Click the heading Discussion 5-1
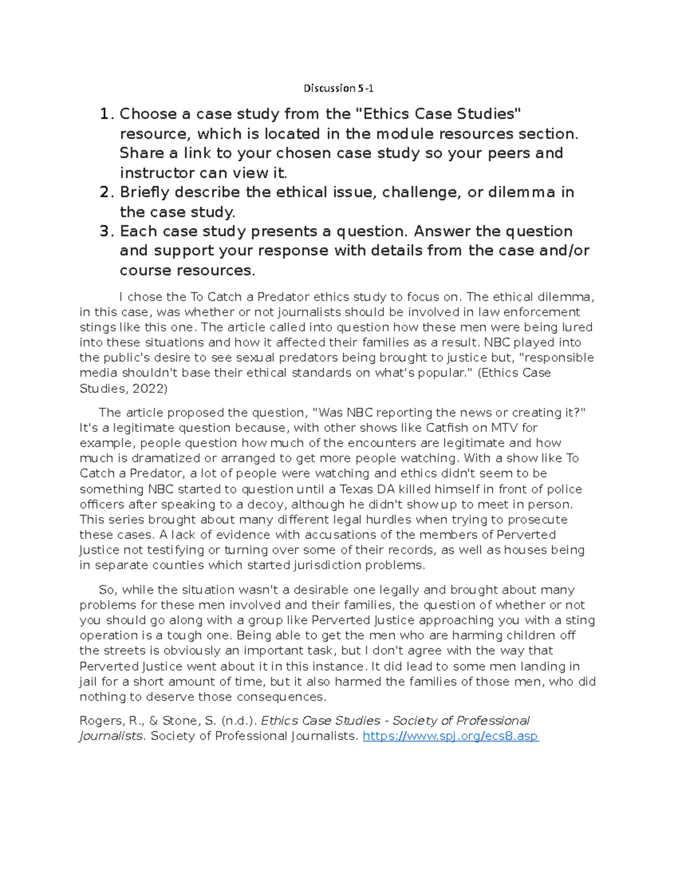(338, 88)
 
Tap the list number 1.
(105, 114)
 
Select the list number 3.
(105, 231)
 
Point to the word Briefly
(145, 193)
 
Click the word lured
(576, 327)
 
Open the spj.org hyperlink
(450, 737)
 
